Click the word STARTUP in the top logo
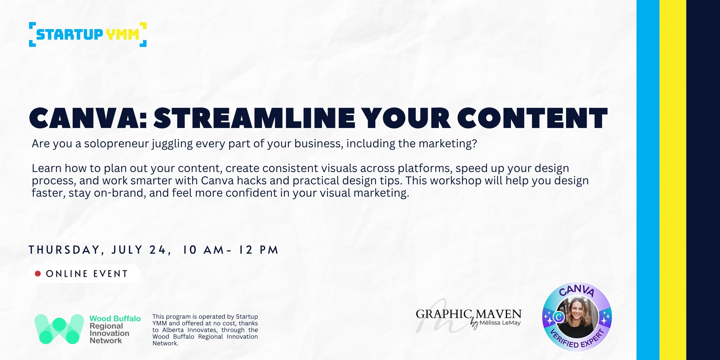(69, 34)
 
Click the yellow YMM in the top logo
(122, 34)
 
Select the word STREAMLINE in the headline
(254, 119)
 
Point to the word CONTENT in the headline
(532, 119)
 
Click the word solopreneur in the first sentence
(116, 144)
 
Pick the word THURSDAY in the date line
(64, 250)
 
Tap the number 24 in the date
(157, 250)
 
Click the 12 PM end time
(258, 250)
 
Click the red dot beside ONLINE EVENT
(38, 274)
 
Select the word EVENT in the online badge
(111, 274)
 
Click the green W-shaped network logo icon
(59, 329)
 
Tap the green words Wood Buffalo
(115, 319)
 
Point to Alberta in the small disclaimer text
(173, 330)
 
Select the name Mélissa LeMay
(500, 323)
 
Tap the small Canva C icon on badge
(558, 317)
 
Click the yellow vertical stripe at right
(673, 180)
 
